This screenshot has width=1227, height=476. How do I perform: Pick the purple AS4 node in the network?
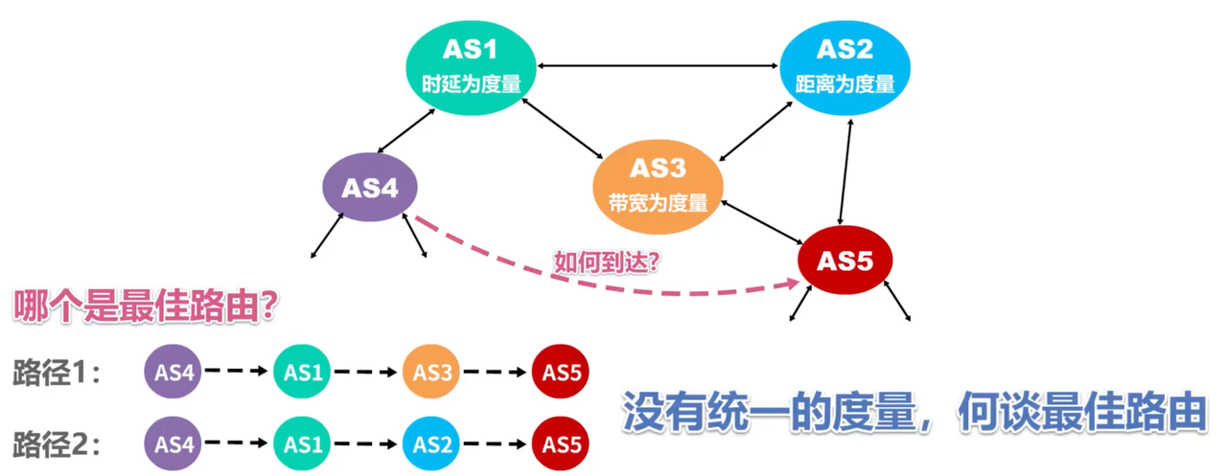pyautogui.click(x=370, y=189)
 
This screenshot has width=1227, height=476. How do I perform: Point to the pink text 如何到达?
pyautogui.click(x=606, y=260)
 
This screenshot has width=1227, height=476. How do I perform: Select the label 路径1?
pyautogui.click(x=58, y=373)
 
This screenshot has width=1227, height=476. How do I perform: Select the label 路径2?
pyautogui.click(x=58, y=444)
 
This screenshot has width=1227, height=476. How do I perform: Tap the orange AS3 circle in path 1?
pyautogui.click(x=431, y=373)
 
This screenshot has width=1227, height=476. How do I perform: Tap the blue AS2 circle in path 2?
pyautogui.click(x=431, y=444)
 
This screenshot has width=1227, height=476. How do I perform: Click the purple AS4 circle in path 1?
pyautogui.click(x=174, y=373)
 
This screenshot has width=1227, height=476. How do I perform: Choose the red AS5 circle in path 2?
pyautogui.click(x=561, y=444)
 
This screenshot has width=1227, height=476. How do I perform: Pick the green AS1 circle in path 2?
pyautogui.click(x=303, y=444)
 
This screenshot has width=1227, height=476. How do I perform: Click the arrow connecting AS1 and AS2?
pyautogui.click(x=657, y=66)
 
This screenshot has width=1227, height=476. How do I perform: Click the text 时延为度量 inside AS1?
pyautogui.click(x=471, y=83)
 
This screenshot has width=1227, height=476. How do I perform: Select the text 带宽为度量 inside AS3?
pyautogui.click(x=658, y=203)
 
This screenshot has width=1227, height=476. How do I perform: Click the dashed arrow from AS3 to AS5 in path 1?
pyautogui.click(x=496, y=373)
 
